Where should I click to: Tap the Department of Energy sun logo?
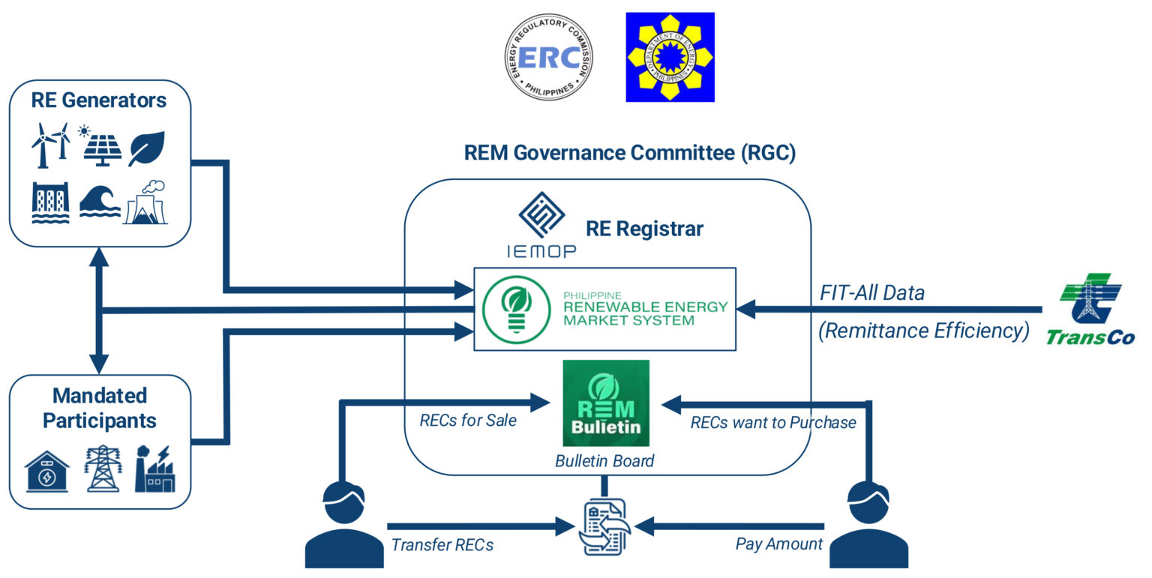tap(670, 57)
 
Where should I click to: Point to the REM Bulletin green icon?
tap(606, 403)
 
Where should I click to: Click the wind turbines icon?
tap(51, 145)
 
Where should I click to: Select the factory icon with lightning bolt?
tap(154, 469)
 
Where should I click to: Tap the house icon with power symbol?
tap(47, 472)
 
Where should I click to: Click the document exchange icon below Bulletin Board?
tap(606, 527)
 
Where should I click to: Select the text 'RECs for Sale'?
tap(468, 421)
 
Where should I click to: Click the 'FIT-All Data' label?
tap(871, 292)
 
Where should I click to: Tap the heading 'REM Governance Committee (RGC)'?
tap(629, 153)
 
